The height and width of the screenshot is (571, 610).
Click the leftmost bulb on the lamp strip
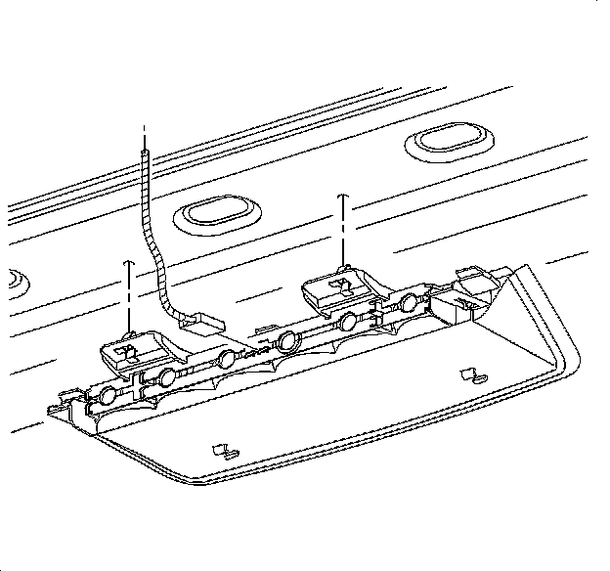click(107, 397)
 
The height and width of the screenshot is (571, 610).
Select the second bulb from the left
click(167, 378)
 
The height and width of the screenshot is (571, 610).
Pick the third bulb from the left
click(227, 359)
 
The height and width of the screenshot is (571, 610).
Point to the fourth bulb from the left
click(287, 341)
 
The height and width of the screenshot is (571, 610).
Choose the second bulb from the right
click(348, 323)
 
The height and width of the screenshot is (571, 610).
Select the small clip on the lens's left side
click(226, 451)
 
